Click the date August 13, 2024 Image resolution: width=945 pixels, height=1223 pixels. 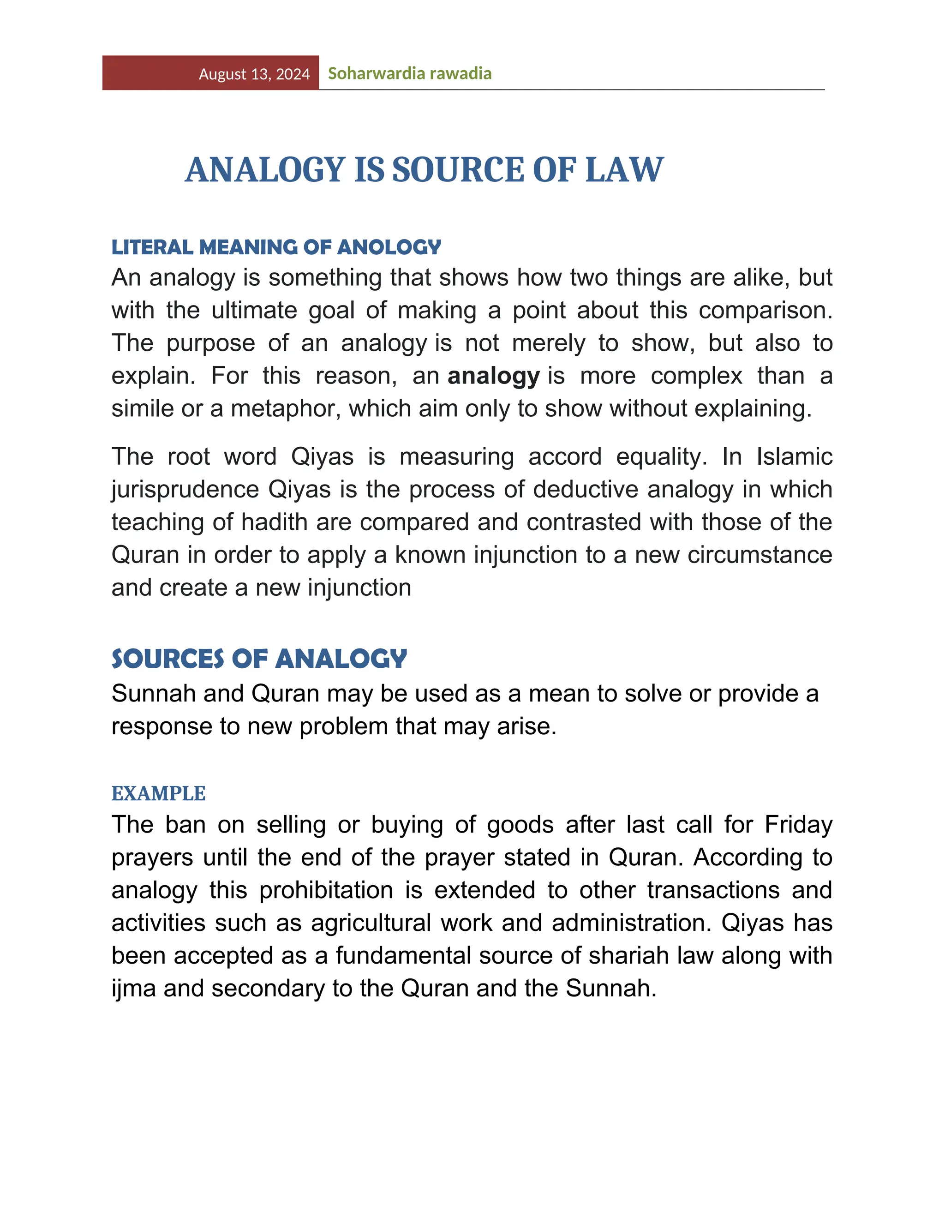[254, 74]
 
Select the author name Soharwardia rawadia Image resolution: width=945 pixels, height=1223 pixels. [409, 73]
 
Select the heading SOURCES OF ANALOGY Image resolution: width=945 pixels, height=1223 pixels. [259, 659]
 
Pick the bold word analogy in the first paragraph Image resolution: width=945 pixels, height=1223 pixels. [493, 376]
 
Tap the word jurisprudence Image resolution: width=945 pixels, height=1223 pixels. [185, 490]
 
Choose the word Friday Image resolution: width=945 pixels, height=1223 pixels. [798, 825]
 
